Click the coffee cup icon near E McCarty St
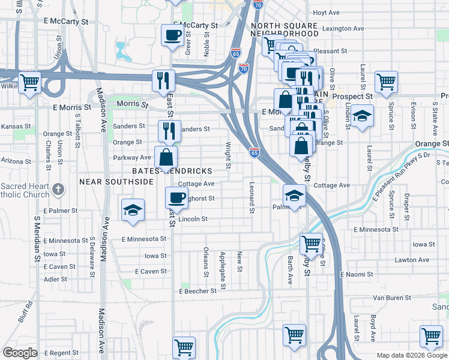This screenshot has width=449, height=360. [172, 35]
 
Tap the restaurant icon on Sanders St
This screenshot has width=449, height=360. [169, 130]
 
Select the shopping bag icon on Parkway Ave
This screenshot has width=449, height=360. [166, 158]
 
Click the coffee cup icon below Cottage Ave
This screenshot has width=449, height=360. [176, 197]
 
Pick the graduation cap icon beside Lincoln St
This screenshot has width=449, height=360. [133, 210]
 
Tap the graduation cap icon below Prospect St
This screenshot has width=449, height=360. [361, 116]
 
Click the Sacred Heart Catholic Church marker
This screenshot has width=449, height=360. [58, 190]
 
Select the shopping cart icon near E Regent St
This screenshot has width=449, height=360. [184, 347]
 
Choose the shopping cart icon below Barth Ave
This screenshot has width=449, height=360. [294, 335]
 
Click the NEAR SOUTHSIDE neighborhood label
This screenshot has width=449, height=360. [107, 181]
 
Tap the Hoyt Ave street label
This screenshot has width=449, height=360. [326, 13]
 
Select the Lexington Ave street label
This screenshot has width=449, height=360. [343, 28]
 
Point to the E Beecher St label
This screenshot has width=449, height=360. [197, 291]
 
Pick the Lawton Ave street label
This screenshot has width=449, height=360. [412, 260]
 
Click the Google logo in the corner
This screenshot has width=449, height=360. [20, 353]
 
